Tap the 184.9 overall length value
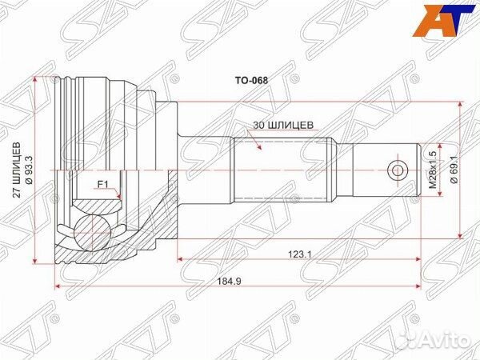pos(238,280)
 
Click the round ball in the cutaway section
pos(95,232)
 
